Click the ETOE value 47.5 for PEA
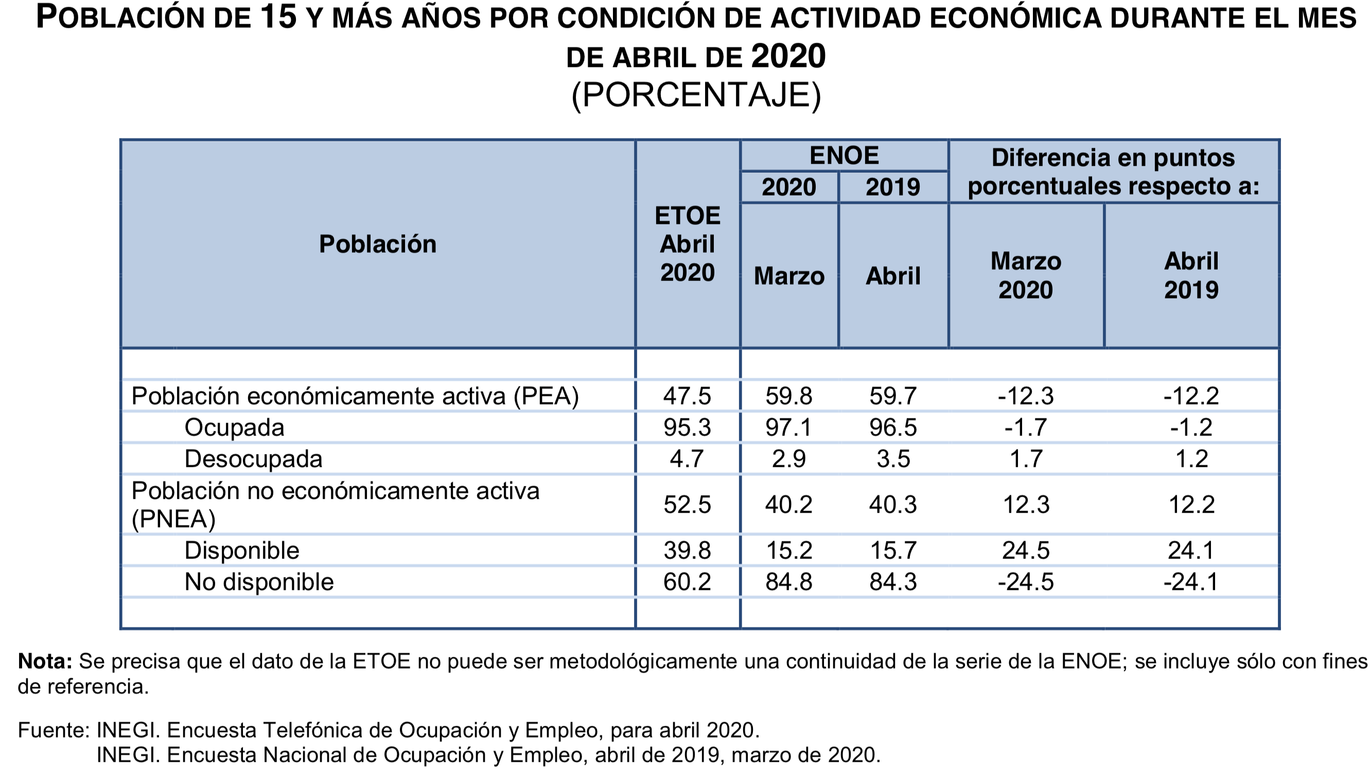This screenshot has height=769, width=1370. tap(687, 396)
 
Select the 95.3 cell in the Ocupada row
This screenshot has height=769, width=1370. tap(687, 427)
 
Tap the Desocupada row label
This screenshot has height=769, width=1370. tap(253, 459)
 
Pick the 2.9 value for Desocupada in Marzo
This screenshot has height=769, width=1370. tap(789, 459)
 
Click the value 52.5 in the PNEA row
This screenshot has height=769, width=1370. tap(687, 504)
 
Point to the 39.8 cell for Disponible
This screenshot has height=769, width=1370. tap(687, 550)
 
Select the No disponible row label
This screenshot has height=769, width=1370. tap(258, 582)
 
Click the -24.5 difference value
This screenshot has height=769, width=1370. tap(1025, 582)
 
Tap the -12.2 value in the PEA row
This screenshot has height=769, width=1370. tap(1191, 396)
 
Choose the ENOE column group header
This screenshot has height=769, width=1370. tap(844, 156)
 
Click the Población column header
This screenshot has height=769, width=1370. tap(378, 244)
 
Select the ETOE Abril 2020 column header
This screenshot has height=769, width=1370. tap(687, 244)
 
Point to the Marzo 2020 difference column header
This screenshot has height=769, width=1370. tap(1025, 275)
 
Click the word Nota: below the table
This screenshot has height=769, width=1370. tap(45, 661)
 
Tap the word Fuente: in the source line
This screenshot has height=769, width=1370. tap(53, 730)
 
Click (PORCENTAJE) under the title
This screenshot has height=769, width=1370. tap(696, 95)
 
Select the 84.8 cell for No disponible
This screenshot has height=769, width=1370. tap(789, 582)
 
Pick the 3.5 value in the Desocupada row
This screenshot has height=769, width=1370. tap(893, 459)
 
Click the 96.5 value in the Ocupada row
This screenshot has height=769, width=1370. tap(893, 427)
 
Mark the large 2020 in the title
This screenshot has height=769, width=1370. tap(788, 57)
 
